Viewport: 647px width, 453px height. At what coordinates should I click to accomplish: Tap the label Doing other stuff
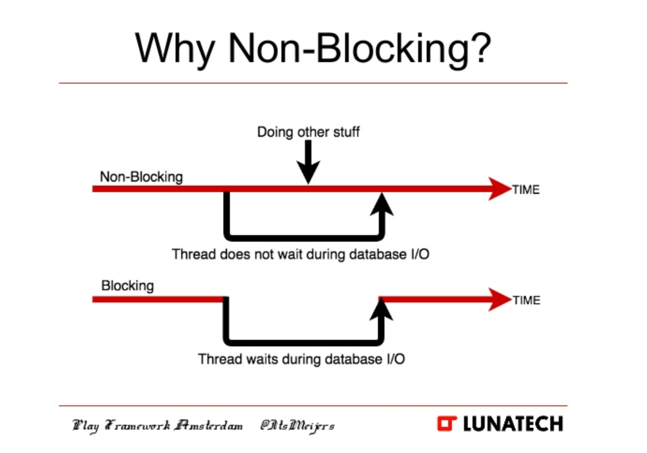click(308, 132)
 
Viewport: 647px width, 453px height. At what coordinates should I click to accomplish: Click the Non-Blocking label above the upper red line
click(141, 177)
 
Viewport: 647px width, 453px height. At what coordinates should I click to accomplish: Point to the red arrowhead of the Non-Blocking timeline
click(499, 189)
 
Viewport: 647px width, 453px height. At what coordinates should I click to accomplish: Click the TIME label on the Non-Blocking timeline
click(526, 189)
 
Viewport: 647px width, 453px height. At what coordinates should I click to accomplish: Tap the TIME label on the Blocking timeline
click(527, 300)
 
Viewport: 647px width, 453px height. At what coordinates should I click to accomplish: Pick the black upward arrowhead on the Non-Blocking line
click(382, 204)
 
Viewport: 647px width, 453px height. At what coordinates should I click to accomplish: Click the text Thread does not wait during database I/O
click(301, 254)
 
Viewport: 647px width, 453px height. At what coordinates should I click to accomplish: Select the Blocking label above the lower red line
click(127, 285)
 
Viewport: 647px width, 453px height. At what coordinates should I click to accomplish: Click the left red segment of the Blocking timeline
click(157, 299)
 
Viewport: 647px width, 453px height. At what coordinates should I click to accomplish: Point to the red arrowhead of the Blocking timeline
click(499, 299)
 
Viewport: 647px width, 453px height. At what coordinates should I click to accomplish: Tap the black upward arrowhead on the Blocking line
click(381, 309)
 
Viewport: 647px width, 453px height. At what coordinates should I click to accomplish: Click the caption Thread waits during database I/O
click(301, 359)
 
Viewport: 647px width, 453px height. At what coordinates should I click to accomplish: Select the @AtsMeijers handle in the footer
click(297, 425)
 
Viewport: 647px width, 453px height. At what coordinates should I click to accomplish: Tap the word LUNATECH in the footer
click(513, 424)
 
